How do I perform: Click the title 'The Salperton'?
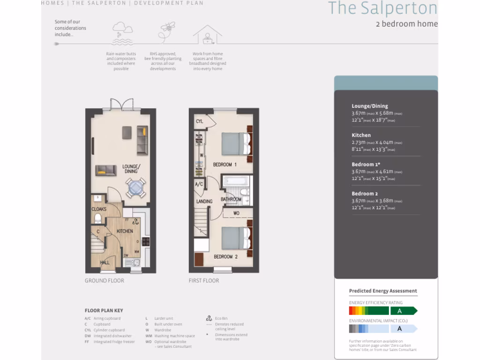pos(382,8)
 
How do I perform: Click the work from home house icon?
pos(207,35)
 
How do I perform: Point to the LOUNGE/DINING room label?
pos(131,169)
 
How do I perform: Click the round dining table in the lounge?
pos(135,187)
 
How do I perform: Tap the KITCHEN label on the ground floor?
pos(125,231)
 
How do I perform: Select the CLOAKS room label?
pos(99,209)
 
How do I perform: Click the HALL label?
pos(105,262)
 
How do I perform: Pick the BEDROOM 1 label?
pos(225,165)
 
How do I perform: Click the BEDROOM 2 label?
pos(225,256)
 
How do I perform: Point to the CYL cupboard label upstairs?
pos(199,121)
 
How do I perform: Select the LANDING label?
pos(204,202)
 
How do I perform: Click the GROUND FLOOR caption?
pos(105,281)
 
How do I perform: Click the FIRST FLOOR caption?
pos(204,281)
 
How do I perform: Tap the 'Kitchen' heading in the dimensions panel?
pos(361,135)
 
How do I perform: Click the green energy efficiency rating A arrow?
pos(404,311)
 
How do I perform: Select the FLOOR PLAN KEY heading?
pos(104,310)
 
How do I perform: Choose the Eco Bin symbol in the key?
pos(209,318)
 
